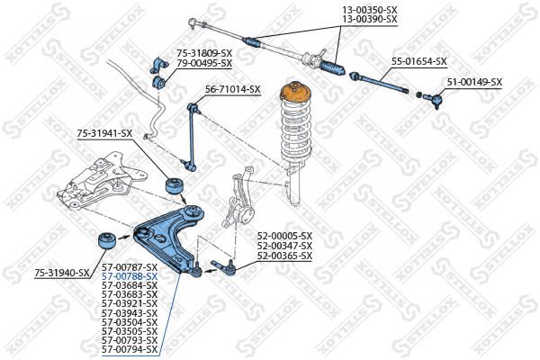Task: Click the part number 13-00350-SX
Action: coord(369,8)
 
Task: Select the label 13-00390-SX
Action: coord(369,18)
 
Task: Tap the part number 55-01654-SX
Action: coord(418,61)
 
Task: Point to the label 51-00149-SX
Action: coord(475,82)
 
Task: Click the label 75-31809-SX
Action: coord(204,53)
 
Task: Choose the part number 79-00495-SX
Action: coord(204,63)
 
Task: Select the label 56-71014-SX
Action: coord(233,89)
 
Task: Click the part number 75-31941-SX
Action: coord(104,133)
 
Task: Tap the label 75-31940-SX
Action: coord(62,272)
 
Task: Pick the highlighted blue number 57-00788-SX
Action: coord(129,276)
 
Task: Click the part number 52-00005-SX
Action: coord(284,236)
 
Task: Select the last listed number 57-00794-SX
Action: coord(129,349)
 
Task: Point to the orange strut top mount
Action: coord(292,94)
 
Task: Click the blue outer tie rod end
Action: coord(431,97)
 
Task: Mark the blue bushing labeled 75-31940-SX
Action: coord(107,242)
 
